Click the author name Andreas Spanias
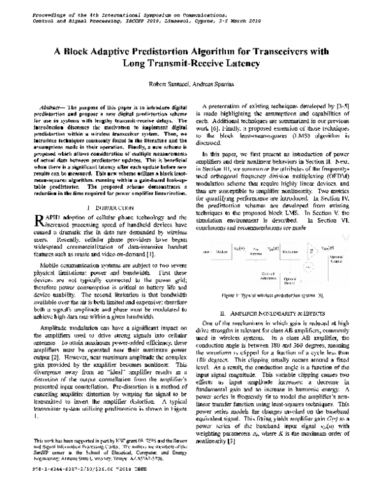pos(214,84)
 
